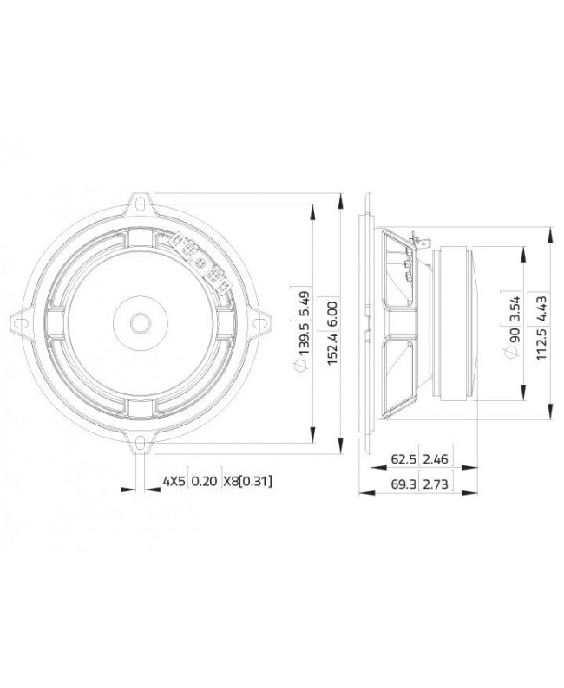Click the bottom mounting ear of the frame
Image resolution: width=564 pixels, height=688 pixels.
[x=139, y=441]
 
